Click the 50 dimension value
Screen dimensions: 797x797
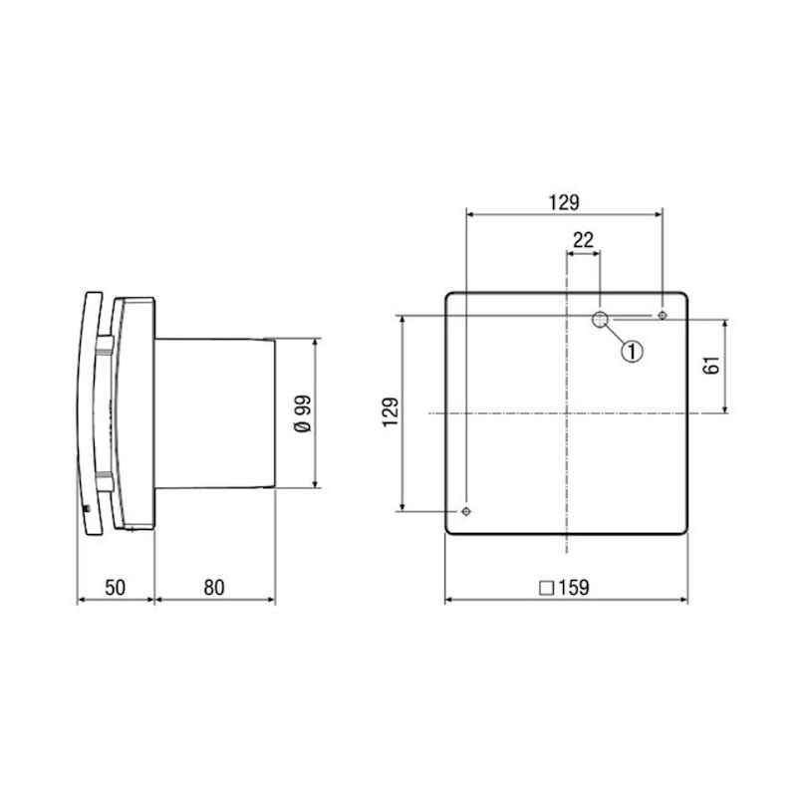115,588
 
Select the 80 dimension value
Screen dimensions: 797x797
214,588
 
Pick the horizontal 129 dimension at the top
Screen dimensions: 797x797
563,202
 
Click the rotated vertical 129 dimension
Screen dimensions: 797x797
390,413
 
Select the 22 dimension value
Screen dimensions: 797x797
583,239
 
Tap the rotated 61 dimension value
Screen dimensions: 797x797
711,366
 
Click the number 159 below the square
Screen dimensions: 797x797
573,588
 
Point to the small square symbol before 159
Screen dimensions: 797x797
546,588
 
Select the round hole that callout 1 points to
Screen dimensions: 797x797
601,319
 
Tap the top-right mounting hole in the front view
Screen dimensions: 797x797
663,316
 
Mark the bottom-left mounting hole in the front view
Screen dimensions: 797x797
466,510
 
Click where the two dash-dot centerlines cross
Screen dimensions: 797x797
566,413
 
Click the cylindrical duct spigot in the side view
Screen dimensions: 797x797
214,413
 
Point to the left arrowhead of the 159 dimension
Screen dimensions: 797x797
448,601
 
